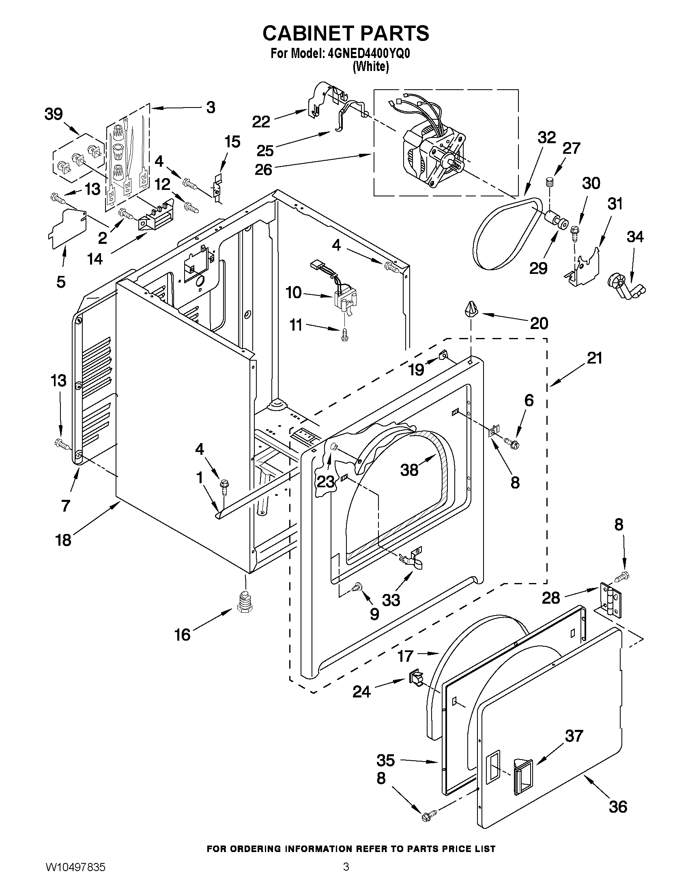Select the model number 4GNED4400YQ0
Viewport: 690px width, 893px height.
point(369,54)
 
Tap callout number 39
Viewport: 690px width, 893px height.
point(54,114)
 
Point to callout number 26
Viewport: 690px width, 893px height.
point(263,169)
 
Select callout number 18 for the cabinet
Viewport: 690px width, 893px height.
point(63,540)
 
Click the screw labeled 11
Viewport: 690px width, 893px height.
point(345,335)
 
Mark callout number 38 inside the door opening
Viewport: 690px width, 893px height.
point(409,469)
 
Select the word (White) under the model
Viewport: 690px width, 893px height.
point(370,67)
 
